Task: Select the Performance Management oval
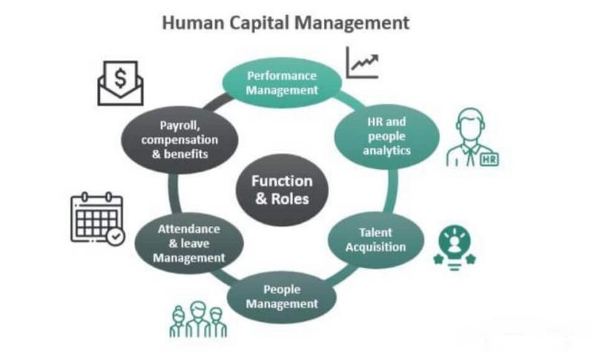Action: [x=282, y=83]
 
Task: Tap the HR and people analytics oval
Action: [x=386, y=136]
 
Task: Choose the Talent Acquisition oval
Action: [x=376, y=240]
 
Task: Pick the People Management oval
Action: [x=282, y=297]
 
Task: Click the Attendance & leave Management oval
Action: [x=189, y=244]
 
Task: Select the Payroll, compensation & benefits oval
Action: [x=179, y=140]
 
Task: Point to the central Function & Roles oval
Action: [x=282, y=190]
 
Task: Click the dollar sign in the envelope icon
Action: [x=120, y=79]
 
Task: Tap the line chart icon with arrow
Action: [x=362, y=63]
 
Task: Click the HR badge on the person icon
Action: [x=489, y=159]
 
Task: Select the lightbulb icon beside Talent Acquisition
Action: [x=454, y=248]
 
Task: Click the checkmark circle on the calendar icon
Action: [x=116, y=236]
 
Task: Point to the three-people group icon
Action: [x=198, y=319]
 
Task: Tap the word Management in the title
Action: [x=352, y=23]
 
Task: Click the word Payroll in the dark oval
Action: [x=179, y=125]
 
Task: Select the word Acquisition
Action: [x=376, y=247]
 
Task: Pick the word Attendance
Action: [x=189, y=229]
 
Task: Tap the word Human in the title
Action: [x=193, y=23]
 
